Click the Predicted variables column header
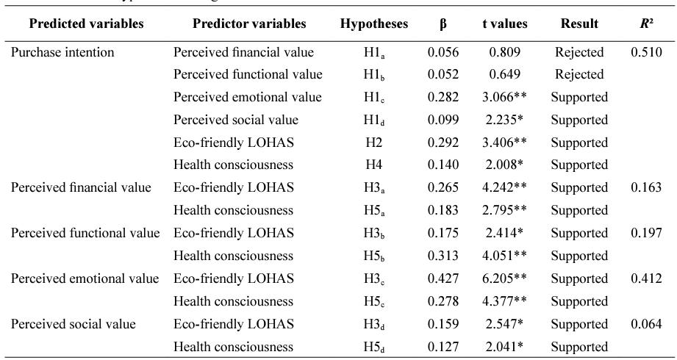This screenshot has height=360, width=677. pyautogui.click(x=86, y=24)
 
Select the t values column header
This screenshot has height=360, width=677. pyautogui.click(x=505, y=24)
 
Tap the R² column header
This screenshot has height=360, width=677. pyautogui.click(x=646, y=24)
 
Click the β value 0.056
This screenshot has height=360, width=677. pyautogui.click(x=443, y=52)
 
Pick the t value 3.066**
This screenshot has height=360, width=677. pyautogui.click(x=504, y=97)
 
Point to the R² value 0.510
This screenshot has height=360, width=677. pyautogui.click(x=646, y=52)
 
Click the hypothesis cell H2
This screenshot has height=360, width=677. pyautogui.click(x=373, y=143)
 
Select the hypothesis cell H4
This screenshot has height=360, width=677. pyautogui.click(x=373, y=165)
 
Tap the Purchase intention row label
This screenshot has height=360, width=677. pyautogui.click(x=62, y=53)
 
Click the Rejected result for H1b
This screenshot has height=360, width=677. pyautogui.click(x=579, y=75)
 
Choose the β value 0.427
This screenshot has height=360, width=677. pyautogui.click(x=443, y=278)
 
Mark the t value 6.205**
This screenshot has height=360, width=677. pyautogui.click(x=504, y=278)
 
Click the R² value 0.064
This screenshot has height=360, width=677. pyautogui.click(x=646, y=324)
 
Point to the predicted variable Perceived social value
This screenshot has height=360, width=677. pyautogui.click(x=73, y=324)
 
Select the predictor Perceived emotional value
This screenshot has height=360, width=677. pyautogui.click(x=248, y=97)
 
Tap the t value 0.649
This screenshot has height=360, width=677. pyautogui.click(x=505, y=75)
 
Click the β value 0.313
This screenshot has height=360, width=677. pyautogui.click(x=443, y=256)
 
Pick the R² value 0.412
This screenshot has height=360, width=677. pyautogui.click(x=646, y=278)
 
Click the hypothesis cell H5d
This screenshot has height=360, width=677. pyautogui.click(x=374, y=347)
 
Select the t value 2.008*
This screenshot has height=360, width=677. pyautogui.click(x=504, y=165)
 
